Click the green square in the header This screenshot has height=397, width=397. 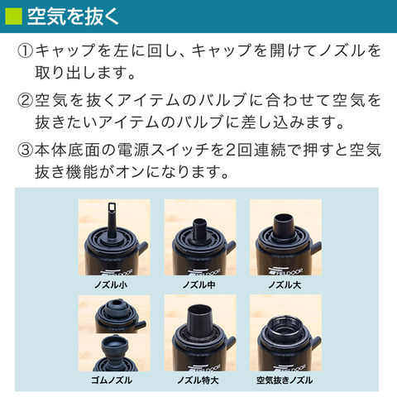(x=13, y=17)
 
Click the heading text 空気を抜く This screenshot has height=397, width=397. (x=73, y=17)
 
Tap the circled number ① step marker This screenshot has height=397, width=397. (x=25, y=50)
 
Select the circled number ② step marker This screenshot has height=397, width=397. (x=25, y=100)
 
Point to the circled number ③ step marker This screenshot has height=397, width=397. (x=25, y=151)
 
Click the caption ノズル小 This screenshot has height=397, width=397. (x=111, y=285)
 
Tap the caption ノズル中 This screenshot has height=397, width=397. (x=198, y=285)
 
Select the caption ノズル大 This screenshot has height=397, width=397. (x=285, y=285)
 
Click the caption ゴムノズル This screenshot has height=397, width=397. (x=112, y=380)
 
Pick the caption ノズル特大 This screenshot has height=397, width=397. (x=198, y=380)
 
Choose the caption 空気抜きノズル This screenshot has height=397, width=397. (x=285, y=380)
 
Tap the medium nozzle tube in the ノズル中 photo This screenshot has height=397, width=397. (x=200, y=229)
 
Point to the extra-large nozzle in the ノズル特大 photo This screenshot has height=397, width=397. (x=200, y=319)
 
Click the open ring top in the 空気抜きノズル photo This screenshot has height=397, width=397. (x=283, y=328)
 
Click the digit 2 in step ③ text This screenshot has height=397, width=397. (x=231, y=151)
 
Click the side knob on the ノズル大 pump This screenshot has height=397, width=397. (x=317, y=246)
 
